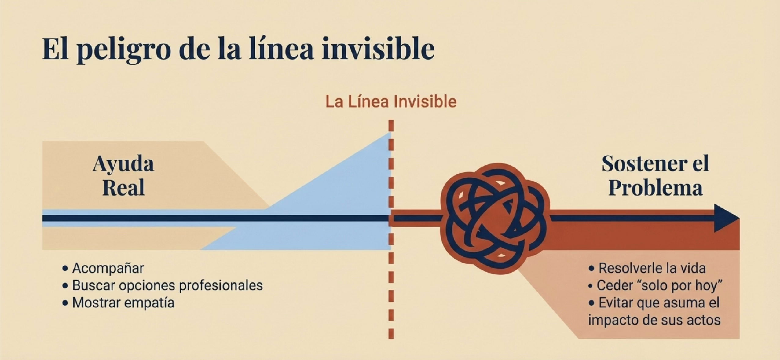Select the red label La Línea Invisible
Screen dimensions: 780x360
[391, 102]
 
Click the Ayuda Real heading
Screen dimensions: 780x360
[123, 175]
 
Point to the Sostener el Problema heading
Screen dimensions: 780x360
[655, 175]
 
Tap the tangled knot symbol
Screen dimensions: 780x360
[495, 219]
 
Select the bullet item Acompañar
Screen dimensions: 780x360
[108, 268]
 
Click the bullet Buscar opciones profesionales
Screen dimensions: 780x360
[167, 286]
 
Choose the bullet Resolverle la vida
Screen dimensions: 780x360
[652, 268]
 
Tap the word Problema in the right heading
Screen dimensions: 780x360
[655, 188]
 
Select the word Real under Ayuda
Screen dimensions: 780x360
[123, 188]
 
